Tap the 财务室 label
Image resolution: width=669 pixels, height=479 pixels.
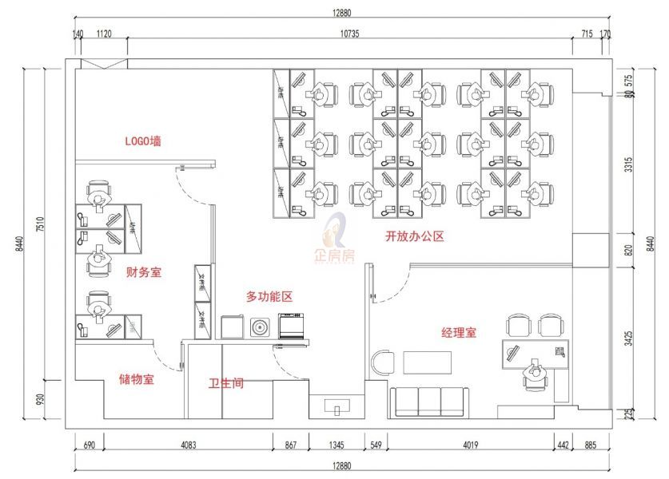144,272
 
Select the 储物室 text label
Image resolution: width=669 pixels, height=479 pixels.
137,379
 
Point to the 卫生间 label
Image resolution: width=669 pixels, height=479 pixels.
226,384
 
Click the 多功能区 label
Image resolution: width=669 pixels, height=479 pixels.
269,296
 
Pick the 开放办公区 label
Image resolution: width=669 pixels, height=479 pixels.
414,236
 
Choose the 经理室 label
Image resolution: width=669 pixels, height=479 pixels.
459,332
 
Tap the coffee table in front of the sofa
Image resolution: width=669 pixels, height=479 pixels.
428,362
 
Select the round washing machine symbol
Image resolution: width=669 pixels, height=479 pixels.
259,327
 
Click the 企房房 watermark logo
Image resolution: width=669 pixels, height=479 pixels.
336,239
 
